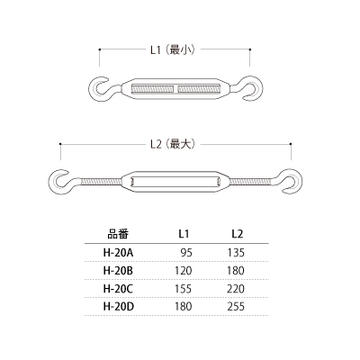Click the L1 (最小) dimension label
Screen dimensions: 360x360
173,49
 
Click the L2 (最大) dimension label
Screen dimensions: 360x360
173,145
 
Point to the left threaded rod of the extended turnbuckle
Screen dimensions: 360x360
101,182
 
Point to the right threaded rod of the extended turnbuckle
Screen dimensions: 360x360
251,182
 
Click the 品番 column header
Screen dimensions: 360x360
118,234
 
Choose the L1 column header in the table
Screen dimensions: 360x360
184,234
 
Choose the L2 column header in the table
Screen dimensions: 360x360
237,234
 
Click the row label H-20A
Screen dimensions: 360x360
118,253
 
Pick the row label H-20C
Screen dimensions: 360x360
118,289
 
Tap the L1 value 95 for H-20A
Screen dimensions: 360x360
186,253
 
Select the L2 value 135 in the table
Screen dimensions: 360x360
236,253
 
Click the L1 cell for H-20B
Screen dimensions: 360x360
184,271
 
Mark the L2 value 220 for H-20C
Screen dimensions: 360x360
236,289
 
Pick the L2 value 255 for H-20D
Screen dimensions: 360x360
236,306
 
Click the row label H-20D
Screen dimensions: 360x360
118,306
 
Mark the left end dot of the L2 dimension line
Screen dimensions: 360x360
60,144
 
